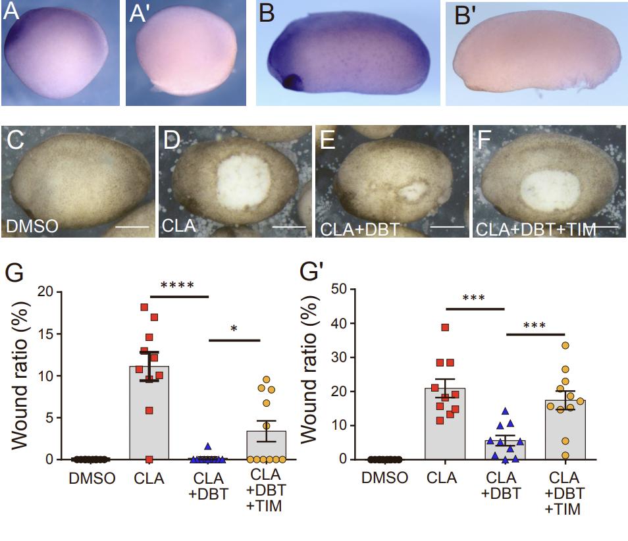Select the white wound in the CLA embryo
coord(244,177)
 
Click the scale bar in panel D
coord(290,226)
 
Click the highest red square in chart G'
coord(446,327)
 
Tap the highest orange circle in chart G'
coord(565,345)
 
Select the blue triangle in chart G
coord(208,446)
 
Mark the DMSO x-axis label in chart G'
coord(384,477)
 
